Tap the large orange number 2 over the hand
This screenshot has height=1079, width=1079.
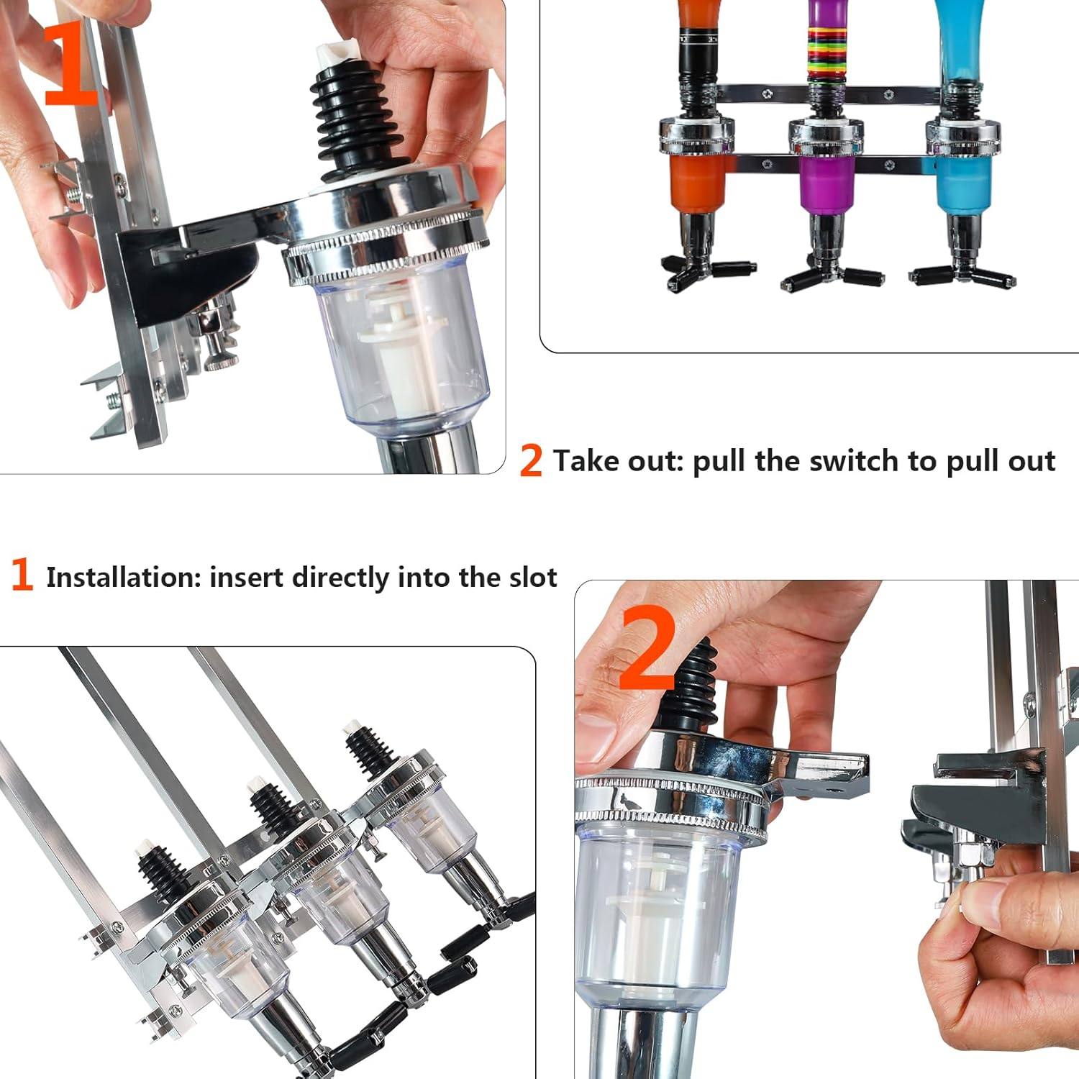[x=647, y=647]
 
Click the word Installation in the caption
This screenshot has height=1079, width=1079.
[x=122, y=578]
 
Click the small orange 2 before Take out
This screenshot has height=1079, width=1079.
[x=531, y=461]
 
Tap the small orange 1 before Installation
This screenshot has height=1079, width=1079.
[x=22, y=575]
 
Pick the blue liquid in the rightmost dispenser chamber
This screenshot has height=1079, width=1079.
[x=962, y=183]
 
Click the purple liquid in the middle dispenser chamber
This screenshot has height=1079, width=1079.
[x=826, y=186]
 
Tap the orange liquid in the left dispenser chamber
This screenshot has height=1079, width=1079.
[x=696, y=183]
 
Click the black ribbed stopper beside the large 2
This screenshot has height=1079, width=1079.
[x=694, y=691]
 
